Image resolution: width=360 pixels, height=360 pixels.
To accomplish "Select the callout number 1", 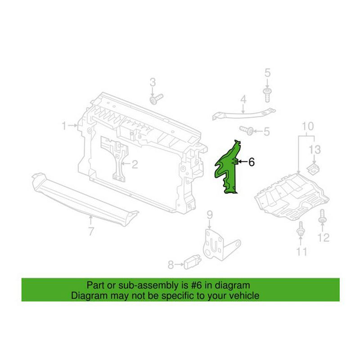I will pos(64,125).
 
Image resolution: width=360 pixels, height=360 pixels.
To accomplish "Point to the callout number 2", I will pos(134,164).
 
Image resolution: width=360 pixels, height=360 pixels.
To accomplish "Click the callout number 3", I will pos(153,82).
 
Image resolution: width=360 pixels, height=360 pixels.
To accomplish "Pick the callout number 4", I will pos(243,99).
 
